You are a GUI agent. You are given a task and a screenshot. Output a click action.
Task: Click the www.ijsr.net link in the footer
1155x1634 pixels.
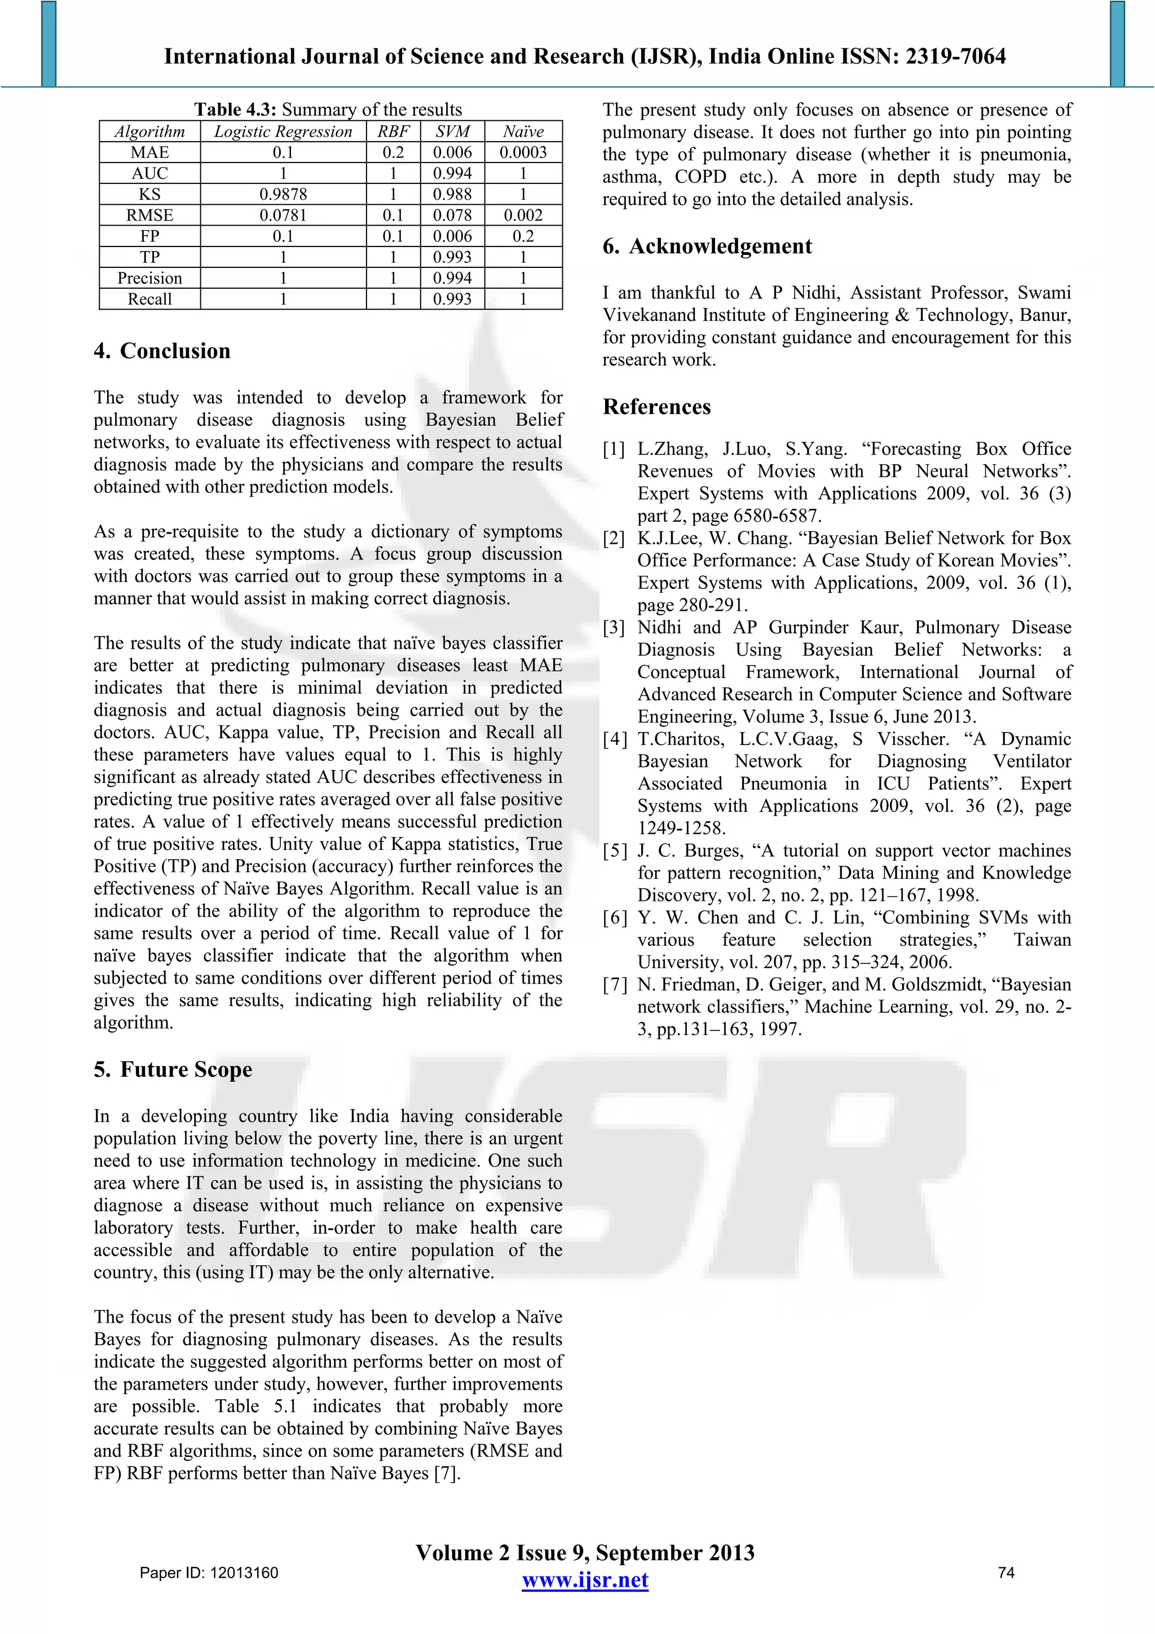[585, 1580]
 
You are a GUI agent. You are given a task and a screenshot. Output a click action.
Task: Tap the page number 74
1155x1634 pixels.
[1006, 1573]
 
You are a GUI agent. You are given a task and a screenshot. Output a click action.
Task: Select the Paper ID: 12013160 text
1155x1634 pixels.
[209, 1573]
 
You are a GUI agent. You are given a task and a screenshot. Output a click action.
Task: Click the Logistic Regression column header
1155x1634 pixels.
[283, 131]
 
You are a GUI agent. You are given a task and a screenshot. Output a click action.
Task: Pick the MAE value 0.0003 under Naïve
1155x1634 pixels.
[522, 152]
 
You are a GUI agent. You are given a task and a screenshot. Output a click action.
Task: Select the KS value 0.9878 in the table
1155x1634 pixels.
[283, 194]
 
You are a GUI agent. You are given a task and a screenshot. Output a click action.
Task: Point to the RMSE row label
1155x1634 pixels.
[149, 215]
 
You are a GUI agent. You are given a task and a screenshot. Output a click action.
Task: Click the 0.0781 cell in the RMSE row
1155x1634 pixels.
[283, 215]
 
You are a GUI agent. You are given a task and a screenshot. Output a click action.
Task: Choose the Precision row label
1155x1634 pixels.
[149, 278]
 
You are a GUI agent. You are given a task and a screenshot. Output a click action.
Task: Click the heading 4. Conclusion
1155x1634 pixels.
[162, 351]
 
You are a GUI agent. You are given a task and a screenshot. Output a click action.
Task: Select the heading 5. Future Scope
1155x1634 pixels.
[173, 1069]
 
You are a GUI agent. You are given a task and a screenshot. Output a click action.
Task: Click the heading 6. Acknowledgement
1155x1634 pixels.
[707, 246]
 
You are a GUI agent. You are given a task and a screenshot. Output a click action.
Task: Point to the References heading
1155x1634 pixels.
[656, 407]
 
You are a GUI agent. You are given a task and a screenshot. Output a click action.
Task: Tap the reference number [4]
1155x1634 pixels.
[615, 739]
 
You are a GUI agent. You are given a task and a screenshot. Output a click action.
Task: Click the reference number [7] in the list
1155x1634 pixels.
[615, 985]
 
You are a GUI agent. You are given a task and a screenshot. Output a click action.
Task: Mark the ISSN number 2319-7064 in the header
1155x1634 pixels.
[955, 56]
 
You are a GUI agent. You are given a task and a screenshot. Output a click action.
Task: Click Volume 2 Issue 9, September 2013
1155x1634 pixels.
[585, 1553]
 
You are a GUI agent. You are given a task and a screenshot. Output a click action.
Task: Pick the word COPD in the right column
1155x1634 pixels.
[700, 177]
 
